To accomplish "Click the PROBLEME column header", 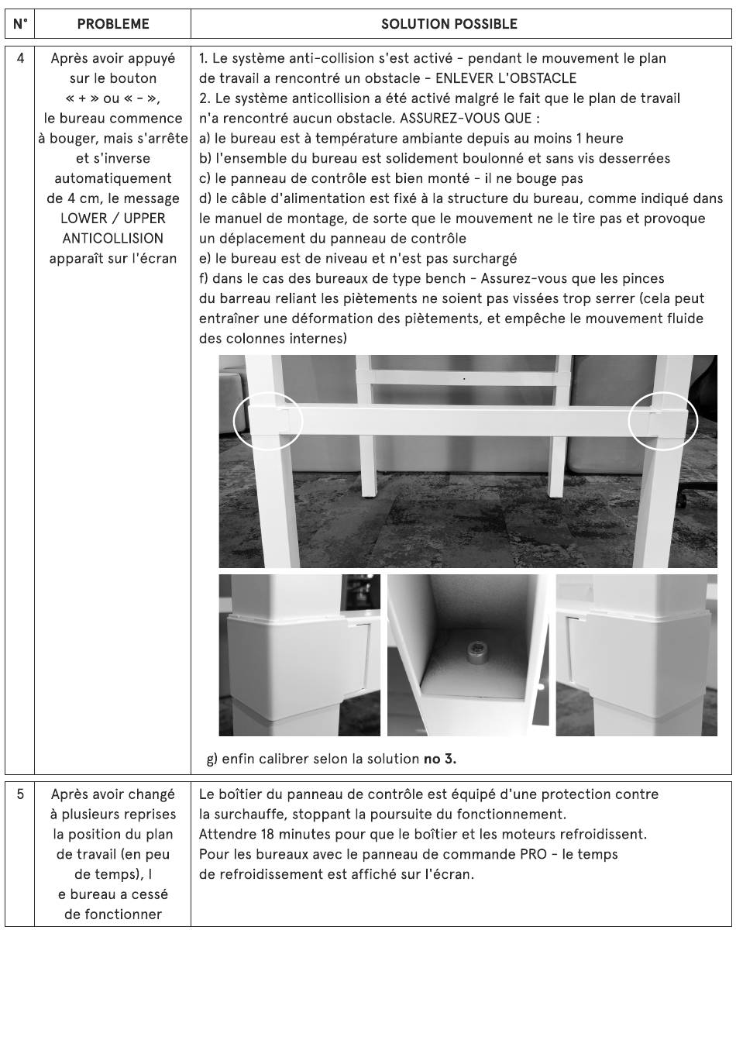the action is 112,24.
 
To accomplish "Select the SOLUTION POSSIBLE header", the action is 449,24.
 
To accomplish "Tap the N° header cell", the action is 20,24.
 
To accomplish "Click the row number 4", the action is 20,58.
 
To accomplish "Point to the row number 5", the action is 20,794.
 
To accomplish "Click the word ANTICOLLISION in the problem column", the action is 112,238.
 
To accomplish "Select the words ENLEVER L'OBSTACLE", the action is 506,78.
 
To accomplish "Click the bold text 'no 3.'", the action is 440,760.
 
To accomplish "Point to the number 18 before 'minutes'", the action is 267,834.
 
